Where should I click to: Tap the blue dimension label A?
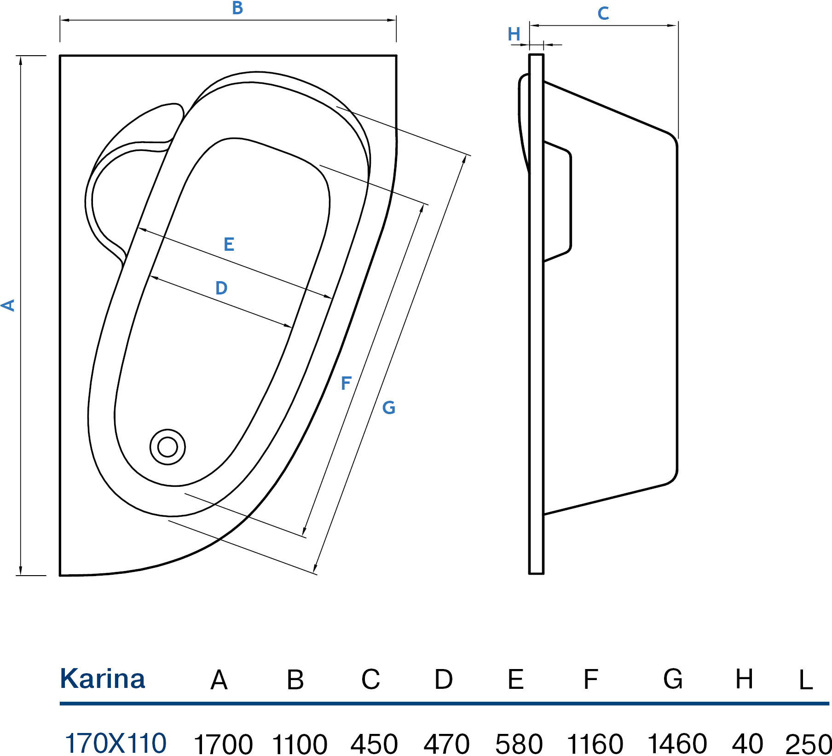8,305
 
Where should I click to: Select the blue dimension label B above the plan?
237,8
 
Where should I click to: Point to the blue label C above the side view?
603,13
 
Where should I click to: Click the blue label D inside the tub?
221,288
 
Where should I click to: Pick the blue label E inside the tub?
229,244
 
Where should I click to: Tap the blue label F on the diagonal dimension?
346,383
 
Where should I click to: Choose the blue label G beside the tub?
389,408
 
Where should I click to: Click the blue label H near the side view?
514,34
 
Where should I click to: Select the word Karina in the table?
103,679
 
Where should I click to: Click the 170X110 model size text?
116,743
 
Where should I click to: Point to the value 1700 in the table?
223,744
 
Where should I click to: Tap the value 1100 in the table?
300,744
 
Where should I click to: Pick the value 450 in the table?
374,744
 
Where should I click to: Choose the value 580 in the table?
519,744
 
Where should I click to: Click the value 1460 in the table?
677,744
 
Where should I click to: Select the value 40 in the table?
747,744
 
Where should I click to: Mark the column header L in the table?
806,680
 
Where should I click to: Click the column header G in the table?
673,679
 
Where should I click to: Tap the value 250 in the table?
808,744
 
